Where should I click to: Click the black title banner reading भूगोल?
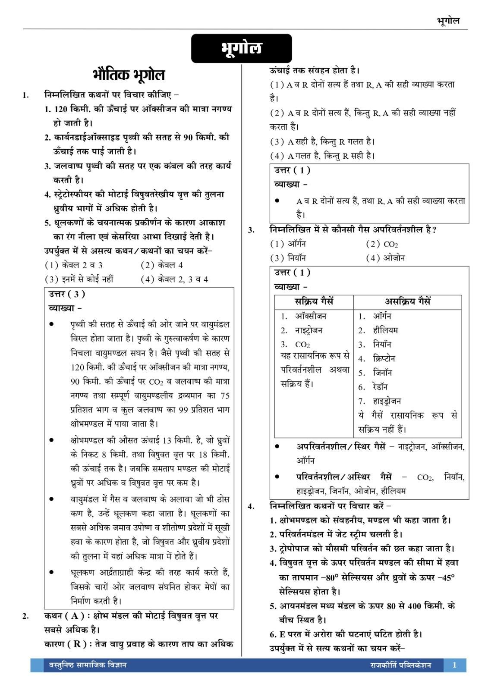(x=241, y=48)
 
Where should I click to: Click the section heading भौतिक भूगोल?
(x=129, y=75)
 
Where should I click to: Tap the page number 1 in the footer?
(x=454, y=665)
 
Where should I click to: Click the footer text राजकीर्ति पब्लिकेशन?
(x=401, y=665)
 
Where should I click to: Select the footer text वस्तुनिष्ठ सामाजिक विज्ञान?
(x=85, y=665)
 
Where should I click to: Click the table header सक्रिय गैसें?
(x=314, y=301)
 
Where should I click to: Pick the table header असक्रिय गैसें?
(x=407, y=301)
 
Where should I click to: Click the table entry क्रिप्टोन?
(x=384, y=358)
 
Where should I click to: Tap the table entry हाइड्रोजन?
(x=387, y=401)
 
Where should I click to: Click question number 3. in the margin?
(x=251, y=230)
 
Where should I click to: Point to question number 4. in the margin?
(x=251, y=506)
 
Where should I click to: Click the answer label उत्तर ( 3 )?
(x=67, y=294)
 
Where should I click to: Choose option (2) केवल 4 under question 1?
(x=161, y=265)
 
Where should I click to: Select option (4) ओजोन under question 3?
(x=385, y=258)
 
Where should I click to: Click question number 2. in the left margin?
(x=25, y=616)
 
